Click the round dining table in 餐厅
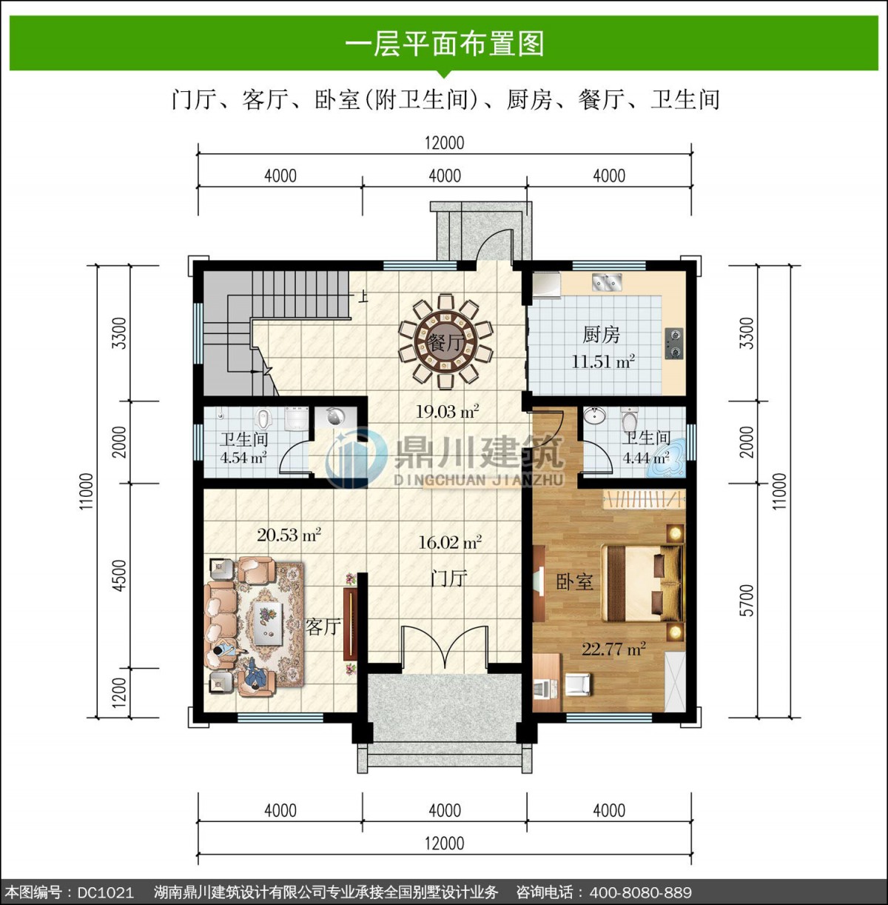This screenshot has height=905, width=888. click(445, 341)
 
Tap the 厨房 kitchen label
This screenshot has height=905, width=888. click(601, 335)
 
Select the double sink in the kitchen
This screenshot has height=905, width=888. click(606, 281)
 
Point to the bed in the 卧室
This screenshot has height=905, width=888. click(643, 583)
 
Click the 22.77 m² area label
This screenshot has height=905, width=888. click(613, 649)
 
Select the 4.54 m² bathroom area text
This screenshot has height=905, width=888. click(243, 457)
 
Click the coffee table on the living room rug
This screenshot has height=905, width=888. click(269, 620)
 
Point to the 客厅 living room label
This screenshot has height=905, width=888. click(323, 627)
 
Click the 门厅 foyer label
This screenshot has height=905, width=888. click(448, 578)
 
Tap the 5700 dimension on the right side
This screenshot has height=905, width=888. click(746, 601)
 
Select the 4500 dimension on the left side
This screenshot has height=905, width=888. click(120, 575)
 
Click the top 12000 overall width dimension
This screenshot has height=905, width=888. click(445, 143)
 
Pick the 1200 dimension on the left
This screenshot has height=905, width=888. click(120, 692)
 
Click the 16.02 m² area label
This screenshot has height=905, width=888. click(450, 542)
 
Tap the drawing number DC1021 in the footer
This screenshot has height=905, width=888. click(106, 892)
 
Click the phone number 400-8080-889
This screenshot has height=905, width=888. click(640, 892)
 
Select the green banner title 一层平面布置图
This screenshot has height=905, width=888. click(444, 44)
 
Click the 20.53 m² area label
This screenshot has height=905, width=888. click(289, 535)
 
